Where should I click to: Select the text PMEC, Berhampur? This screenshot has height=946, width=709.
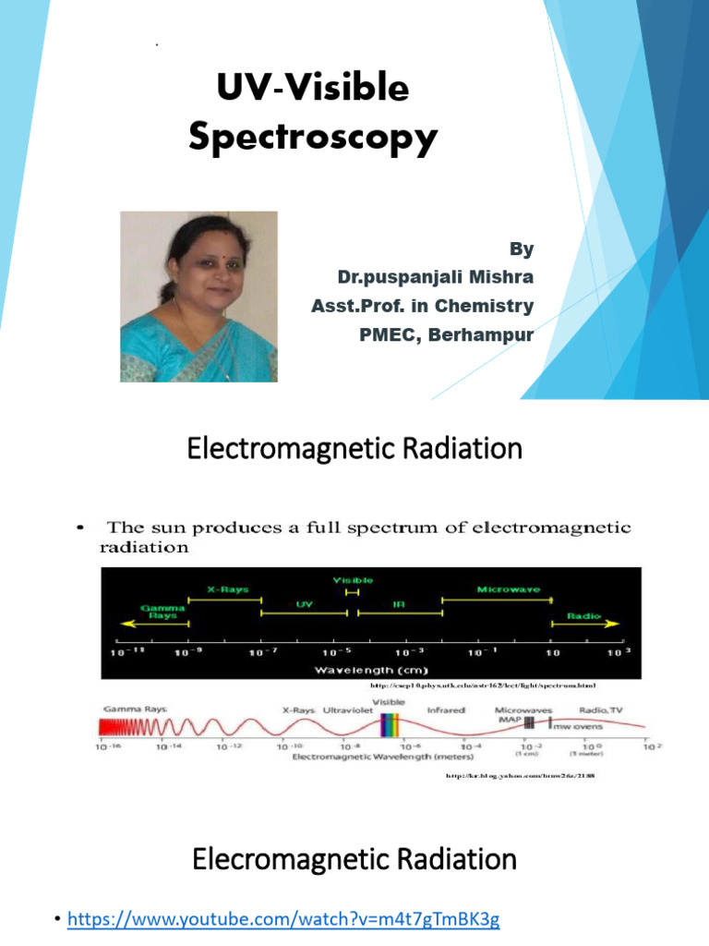click(x=446, y=334)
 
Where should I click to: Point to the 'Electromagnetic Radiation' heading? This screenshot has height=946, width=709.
click(x=354, y=450)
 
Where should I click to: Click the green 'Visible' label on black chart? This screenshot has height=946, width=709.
click(x=353, y=579)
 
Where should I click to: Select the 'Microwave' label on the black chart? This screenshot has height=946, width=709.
click(x=508, y=588)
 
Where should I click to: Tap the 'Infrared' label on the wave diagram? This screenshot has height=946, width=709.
click(x=445, y=710)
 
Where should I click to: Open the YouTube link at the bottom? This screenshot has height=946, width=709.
click(x=282, y=920)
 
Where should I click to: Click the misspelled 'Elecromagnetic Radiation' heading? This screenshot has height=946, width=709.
click(x=354, y=860)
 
